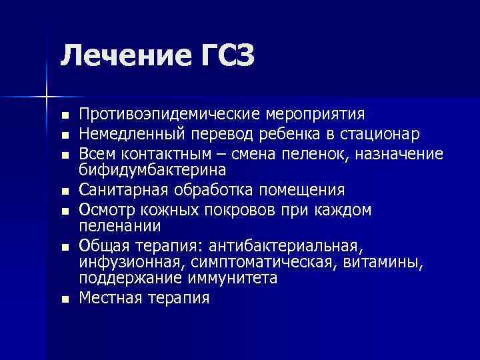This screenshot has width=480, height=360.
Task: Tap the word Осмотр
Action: tap(104, 209)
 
